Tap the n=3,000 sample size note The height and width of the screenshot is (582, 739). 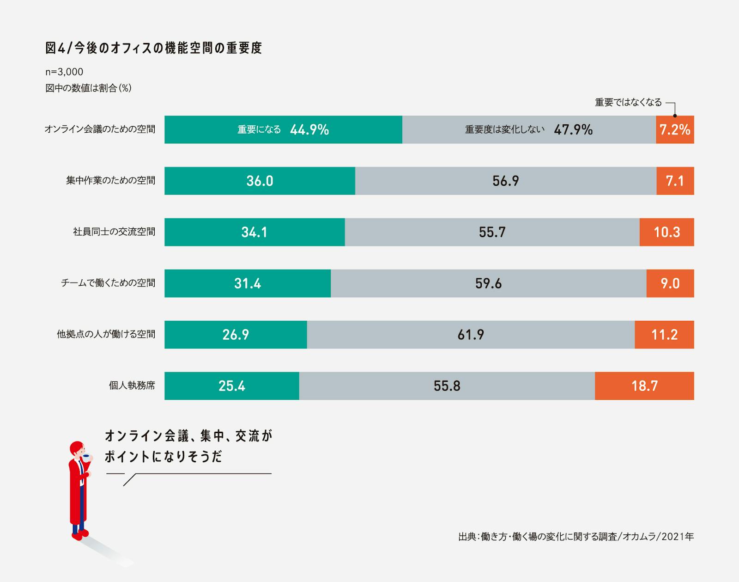pos(64,72)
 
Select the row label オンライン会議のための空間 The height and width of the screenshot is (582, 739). pos(100,129)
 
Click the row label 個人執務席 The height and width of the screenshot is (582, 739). pos(132,385)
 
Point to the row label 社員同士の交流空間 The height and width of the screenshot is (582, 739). pos(114,232)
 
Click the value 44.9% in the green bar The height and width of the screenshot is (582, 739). pos(309,130)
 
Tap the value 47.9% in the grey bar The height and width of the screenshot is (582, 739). pos(573,130)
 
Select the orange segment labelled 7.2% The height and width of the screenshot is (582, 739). pos(675,130)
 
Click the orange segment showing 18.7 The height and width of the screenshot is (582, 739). pos(644,386)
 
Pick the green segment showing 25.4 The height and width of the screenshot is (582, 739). pos(232,386)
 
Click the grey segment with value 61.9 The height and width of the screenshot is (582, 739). pos(471,335)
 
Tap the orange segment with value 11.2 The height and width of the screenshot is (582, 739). pos(664,335)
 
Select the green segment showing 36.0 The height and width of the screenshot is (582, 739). pos(260,181)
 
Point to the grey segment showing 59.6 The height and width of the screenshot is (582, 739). pos(488,283)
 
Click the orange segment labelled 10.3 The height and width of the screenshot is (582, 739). pos(666,232)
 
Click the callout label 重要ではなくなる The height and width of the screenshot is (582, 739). pos(628,102)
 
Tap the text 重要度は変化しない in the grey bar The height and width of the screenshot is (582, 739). pos(504,129)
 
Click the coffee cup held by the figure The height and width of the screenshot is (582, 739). pos(86,458)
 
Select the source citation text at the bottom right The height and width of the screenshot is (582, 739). pos(575,537)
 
